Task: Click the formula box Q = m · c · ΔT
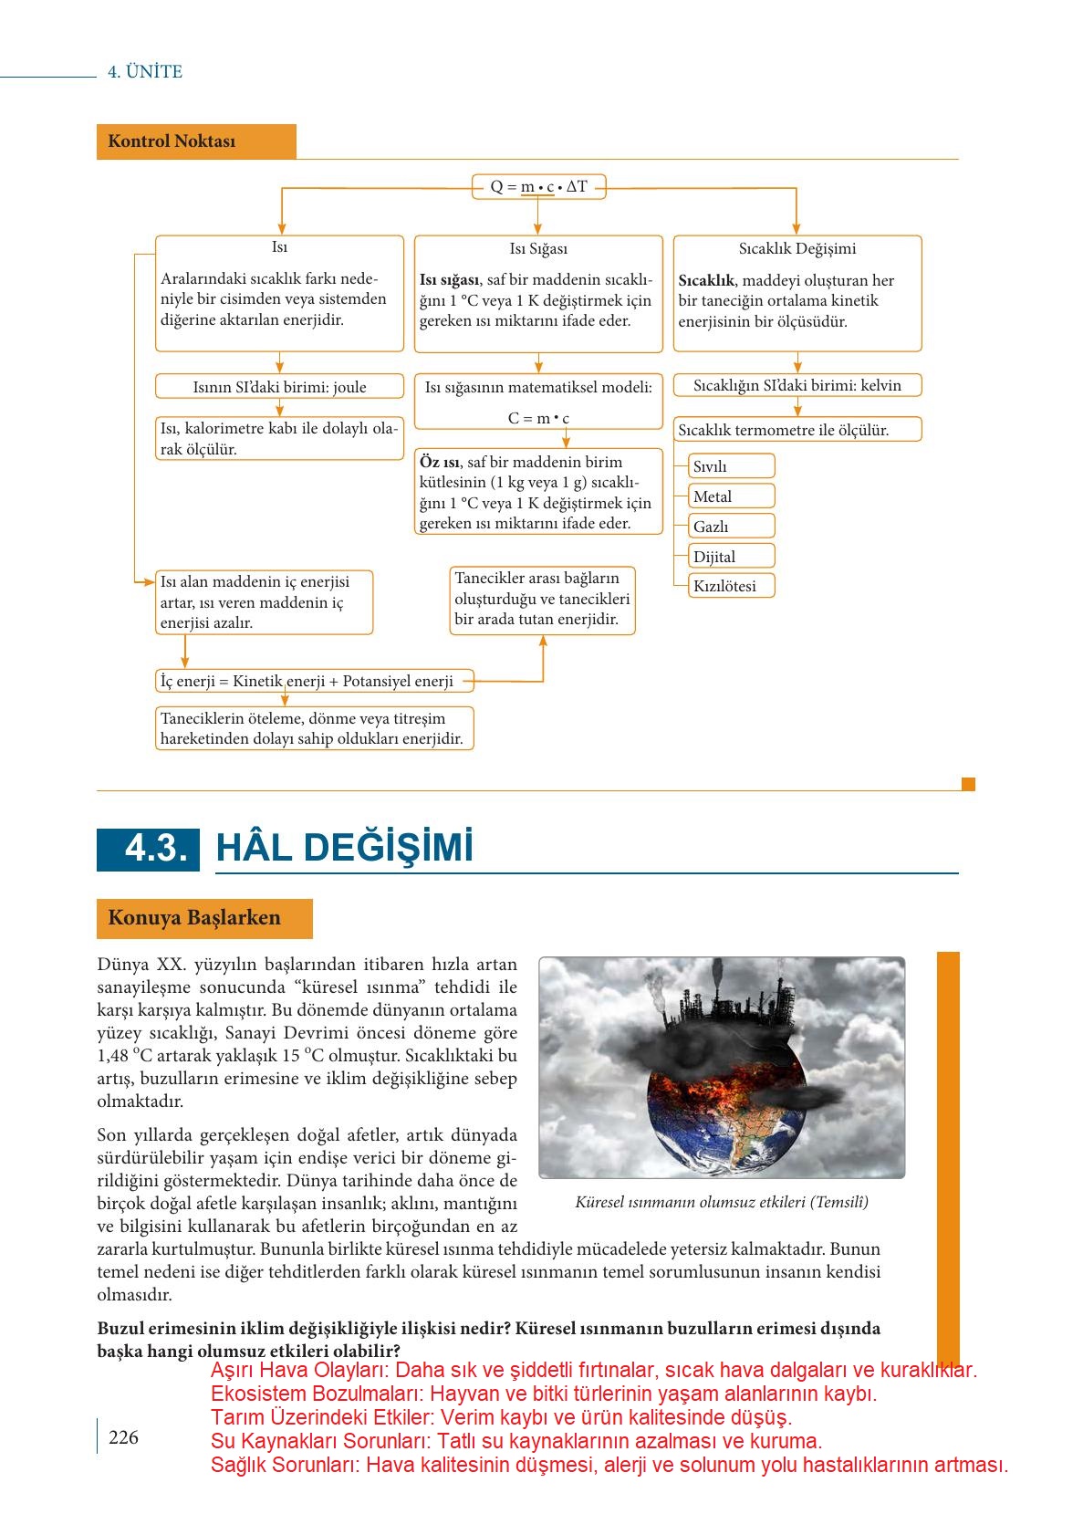pyautogui.click(x=538, y=187)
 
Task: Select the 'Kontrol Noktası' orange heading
pyautogui.click(x=195, y=141)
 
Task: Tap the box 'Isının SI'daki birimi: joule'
pyautogui.click(x=279, y=387)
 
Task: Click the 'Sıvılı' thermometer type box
pyautogui.click(x=732, y=466)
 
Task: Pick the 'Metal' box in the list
pyautogui.click(x=732, y=496)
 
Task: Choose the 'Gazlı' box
pyautogui.click(x=732, y=527)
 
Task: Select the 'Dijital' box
pyautogui.click(x=732, y=557)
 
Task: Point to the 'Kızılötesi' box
pyautogui.click(x=732, y=586)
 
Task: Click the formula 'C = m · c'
pyautogui.click(x=538, y=418)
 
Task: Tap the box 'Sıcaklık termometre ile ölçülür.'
pyautogui.click(x=797, y=430)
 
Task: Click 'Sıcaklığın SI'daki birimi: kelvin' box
pyautogui.click(x=797, y=385)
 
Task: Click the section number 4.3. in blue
pyautogui.click(x=149, y=849)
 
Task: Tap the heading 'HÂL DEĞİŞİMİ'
pyautogui.click(x=345, y=848)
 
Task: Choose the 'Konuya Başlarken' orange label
pyautogui.click(x=204, y=918)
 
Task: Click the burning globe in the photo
pyautogui.click(x=721, y=1104)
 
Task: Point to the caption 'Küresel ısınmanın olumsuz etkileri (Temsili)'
pyautogui.click(x=722, y=1202)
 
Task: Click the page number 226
pyautogui.click(x=123, y=1437)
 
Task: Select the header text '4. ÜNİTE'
pyautogui.click(x=145, y=72)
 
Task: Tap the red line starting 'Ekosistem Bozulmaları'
pyautogui.click(x=543, y=1394)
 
